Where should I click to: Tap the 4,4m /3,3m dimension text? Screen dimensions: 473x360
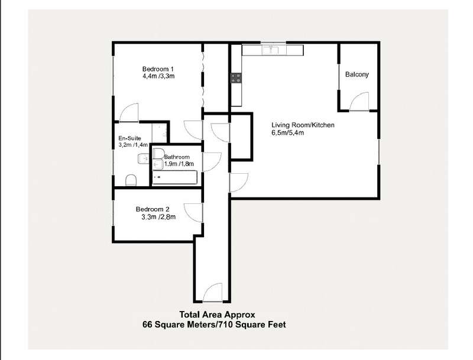pyautogui.click(x=158, y=76)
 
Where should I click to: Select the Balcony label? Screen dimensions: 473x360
pyautogui.click(x=357, y=74)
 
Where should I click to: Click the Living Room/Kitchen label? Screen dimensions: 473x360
pyautogui.click(x=303, y=125)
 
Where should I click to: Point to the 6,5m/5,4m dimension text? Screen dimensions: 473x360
pyautogui.click(x=287, y=132)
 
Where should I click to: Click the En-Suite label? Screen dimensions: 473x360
pyautogui.click(x=129, y=138)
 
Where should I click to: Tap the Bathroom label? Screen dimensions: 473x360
pyautogui.click(x=177, y=157)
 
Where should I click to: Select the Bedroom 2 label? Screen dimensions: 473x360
pyautogui.click(x=153, y=209)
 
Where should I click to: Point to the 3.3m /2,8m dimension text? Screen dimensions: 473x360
pyautogui.click(x=158, y=217)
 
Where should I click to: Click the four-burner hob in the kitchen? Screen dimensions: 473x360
pyautogui.click(x=236, y=78)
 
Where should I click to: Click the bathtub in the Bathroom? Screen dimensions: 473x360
pyautogui.click(x=174, y=177)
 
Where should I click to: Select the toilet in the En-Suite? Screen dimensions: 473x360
pyautogui.click(x=131, y=180)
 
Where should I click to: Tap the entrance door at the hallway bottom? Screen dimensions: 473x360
pyautogui.click(x=213, y=292)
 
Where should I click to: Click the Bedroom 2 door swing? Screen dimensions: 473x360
pyautogui.click(x=193, y=213)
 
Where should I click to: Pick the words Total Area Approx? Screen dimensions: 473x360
pyautogui.click(x=217, y=314)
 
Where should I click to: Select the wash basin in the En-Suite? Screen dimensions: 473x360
pyautogui.click(x=144, y=158)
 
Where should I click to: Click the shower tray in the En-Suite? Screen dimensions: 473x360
pyautogui.click(x=159, y=132)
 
